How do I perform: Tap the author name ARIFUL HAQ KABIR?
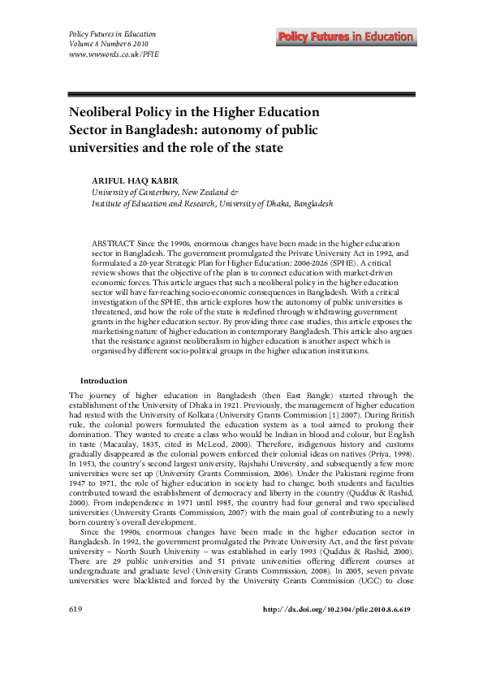point(138,180)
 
